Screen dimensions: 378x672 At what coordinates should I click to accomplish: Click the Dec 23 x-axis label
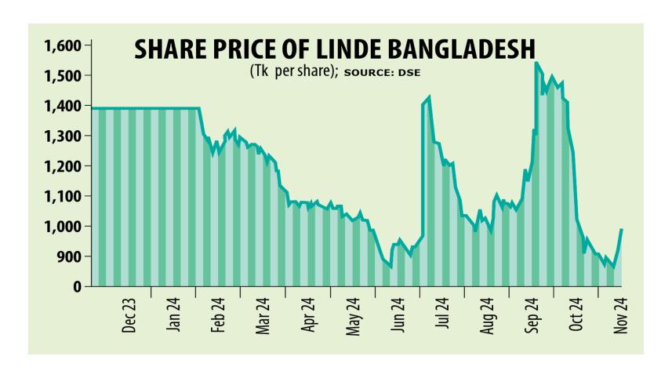tap(130, 315)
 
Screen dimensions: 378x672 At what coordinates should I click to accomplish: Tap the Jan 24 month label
tap(176, 315)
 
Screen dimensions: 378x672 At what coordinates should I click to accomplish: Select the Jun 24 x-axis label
tap(398, 315)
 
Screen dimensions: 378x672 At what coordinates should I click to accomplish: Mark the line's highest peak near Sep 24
tap(536, 63)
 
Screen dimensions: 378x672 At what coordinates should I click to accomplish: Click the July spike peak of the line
tap(428, 98)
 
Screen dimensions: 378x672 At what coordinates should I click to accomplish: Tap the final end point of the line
tap(622, 229)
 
